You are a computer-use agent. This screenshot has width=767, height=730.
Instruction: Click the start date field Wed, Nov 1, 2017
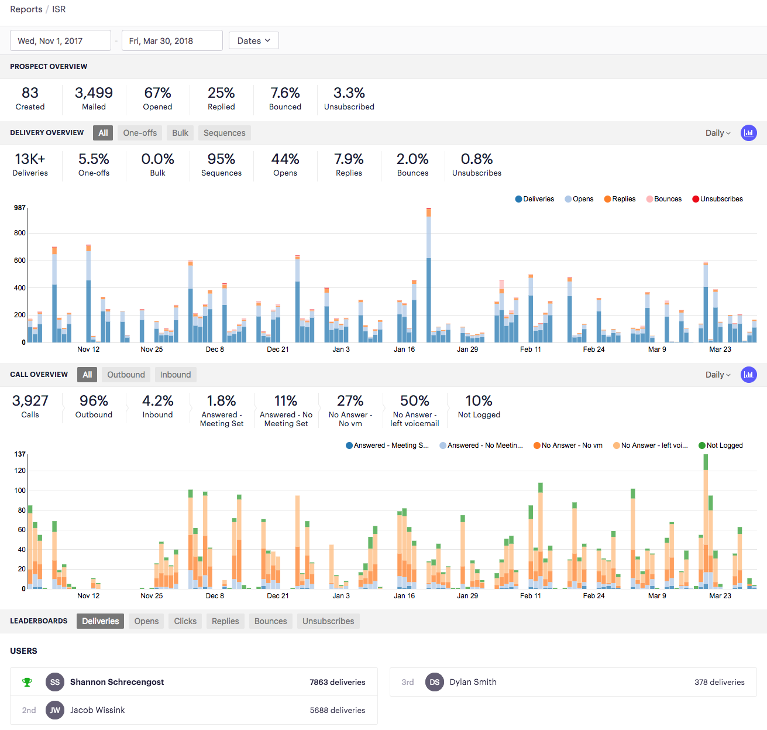tap(60, 41)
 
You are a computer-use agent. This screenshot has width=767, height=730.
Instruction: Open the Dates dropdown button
tap(253, 41)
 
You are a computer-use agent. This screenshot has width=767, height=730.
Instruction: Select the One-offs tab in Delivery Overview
tap(140, 133)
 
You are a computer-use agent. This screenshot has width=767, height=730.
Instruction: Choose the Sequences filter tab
tap(224, 133)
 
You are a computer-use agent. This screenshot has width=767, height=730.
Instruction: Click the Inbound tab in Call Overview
tap(176, 375)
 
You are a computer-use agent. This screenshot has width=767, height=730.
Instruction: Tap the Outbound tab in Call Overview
tap(126, 375)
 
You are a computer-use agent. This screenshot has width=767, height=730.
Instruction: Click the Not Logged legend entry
tap(721, 445)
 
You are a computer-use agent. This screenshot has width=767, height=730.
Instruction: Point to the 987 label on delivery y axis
tap(20, 208)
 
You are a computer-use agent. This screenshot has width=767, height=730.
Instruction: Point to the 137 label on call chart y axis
tap(20, 454)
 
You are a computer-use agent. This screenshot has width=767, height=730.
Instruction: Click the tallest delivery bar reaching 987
tap(429, 275)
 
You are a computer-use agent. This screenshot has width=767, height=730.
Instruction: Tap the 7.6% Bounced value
tap(285, 93)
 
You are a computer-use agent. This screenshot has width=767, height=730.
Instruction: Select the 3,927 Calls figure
tap(30, 401)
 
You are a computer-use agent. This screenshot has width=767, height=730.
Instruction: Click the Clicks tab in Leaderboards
tap(185, 621)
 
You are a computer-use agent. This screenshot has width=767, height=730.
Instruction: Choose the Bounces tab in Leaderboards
tap(270, 621)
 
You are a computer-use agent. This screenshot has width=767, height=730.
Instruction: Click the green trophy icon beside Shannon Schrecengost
tap(27, 682)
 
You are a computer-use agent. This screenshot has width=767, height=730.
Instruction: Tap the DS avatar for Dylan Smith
tap(435, 682)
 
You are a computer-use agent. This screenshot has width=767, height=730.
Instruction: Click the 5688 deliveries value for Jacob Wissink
tap(337, 710)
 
